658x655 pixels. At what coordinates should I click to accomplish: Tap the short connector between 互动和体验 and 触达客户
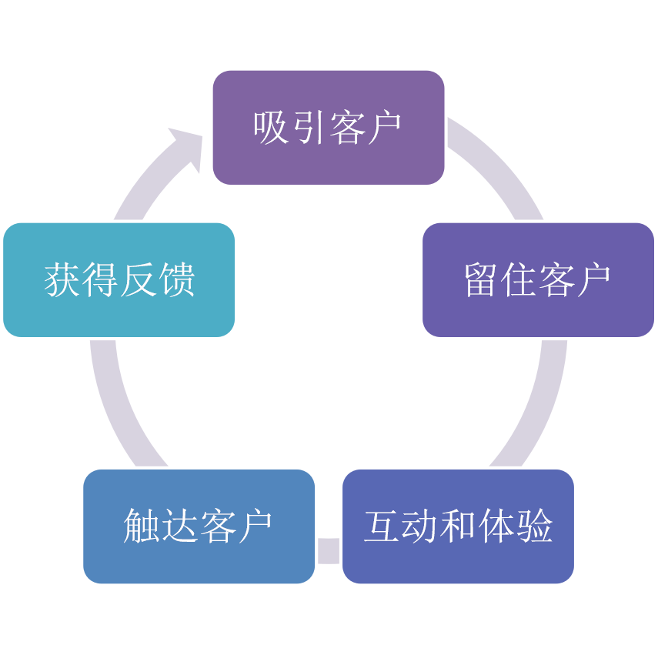(x=329, y=550)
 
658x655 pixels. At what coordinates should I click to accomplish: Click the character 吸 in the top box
(x=272, y=127)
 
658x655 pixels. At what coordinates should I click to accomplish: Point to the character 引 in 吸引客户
(x=309, y=127)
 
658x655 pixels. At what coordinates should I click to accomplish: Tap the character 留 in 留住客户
(x=482, y=280)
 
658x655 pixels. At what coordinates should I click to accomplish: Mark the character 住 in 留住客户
(x=519, y=280)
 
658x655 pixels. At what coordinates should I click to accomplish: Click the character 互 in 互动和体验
(x=382, y=526)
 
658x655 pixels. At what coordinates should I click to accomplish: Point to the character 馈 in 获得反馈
(x=176, y=280)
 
